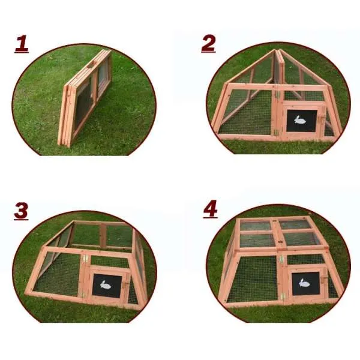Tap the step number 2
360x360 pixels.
[x=208, y=43]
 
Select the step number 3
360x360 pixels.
[x=21, y=211]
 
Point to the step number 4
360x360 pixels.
[x=210, y=209]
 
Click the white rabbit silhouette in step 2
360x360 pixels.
[x=300, y=120]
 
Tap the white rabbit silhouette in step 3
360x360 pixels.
[x=106, y=285]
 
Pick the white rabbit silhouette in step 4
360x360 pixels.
[x=304, y=283]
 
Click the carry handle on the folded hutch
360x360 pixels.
[x=91, y=65]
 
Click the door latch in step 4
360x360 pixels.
[x=325, y=278]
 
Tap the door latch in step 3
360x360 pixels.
[x=126, y=284]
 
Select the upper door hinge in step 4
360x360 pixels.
[x=281, y=260]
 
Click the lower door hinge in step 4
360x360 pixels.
[x=282, y=296]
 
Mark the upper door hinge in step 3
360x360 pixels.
[x=86, y=258]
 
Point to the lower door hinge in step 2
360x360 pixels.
[x=276, y=132]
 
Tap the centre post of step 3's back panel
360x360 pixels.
[x=103, y=236]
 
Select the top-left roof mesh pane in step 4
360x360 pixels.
[x=256, y=226]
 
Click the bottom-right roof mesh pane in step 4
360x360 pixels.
[x=302, y=239]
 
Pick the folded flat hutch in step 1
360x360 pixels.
[x=86, y=98]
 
